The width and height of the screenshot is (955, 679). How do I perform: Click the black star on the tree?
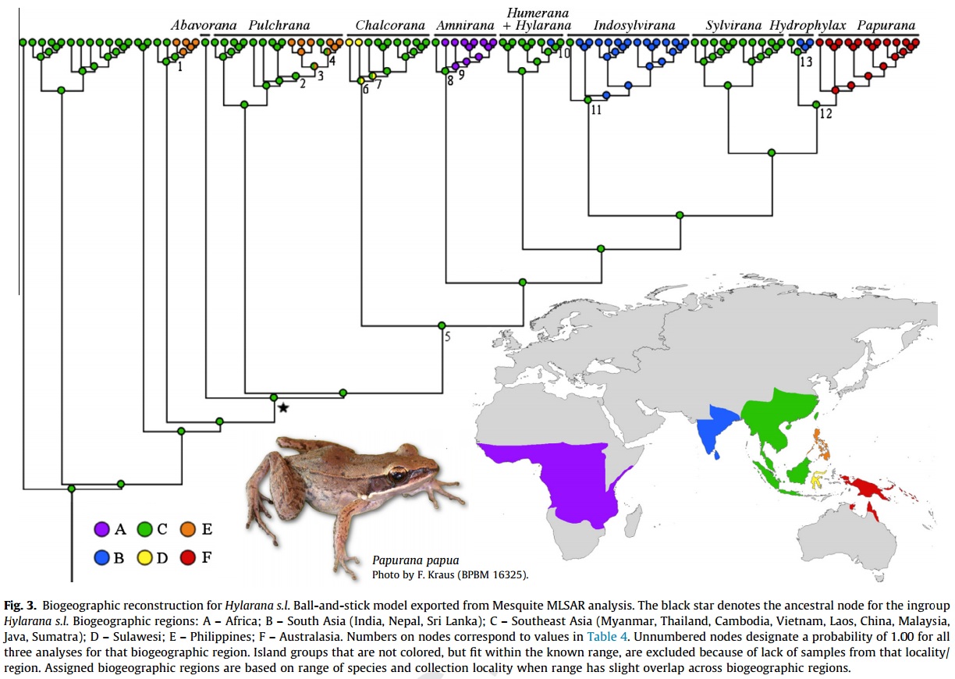coord(283,407)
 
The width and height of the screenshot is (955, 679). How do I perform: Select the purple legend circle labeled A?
coord(101,529)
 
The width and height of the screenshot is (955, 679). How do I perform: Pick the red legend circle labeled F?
coord(187,557)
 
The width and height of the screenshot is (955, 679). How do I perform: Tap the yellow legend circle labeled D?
coord(144,557)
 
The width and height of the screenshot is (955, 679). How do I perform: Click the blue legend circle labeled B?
coord(101,557)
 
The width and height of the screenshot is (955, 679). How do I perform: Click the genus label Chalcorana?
coord(390,26)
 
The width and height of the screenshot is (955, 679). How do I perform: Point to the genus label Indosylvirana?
coord(634,26)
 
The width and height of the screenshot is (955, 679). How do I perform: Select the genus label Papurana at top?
coord(886,26)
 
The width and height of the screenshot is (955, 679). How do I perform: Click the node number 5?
coord(448,337)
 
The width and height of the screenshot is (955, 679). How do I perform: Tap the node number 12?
coord(825,115)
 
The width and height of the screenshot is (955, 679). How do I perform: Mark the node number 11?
coord(596,110)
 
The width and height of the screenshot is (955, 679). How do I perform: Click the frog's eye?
coord(399,475)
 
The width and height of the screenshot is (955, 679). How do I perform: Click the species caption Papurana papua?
coord(415,560)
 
